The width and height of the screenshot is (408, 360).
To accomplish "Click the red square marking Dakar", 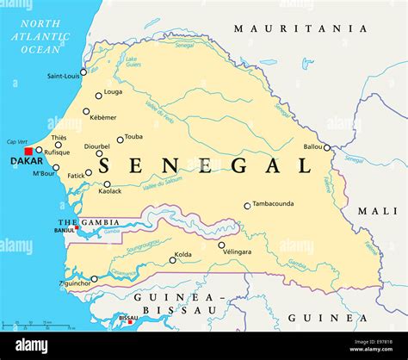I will (x=28, y=151).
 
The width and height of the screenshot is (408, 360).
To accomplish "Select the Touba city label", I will (x=133, y=137).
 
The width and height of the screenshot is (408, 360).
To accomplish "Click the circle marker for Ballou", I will (x=326, y=147).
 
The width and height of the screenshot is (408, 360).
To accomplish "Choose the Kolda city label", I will (x=183, y=254).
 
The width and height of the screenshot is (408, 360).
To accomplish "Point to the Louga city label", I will (x=113, y=91).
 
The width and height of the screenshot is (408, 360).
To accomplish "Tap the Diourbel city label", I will (x=97, y=146).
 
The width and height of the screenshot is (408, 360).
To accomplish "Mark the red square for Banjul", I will (x=77, y=227).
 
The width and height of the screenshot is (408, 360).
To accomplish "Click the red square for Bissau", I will (x=130, y=322).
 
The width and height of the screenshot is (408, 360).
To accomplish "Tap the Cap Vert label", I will (x=17, y=141).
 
